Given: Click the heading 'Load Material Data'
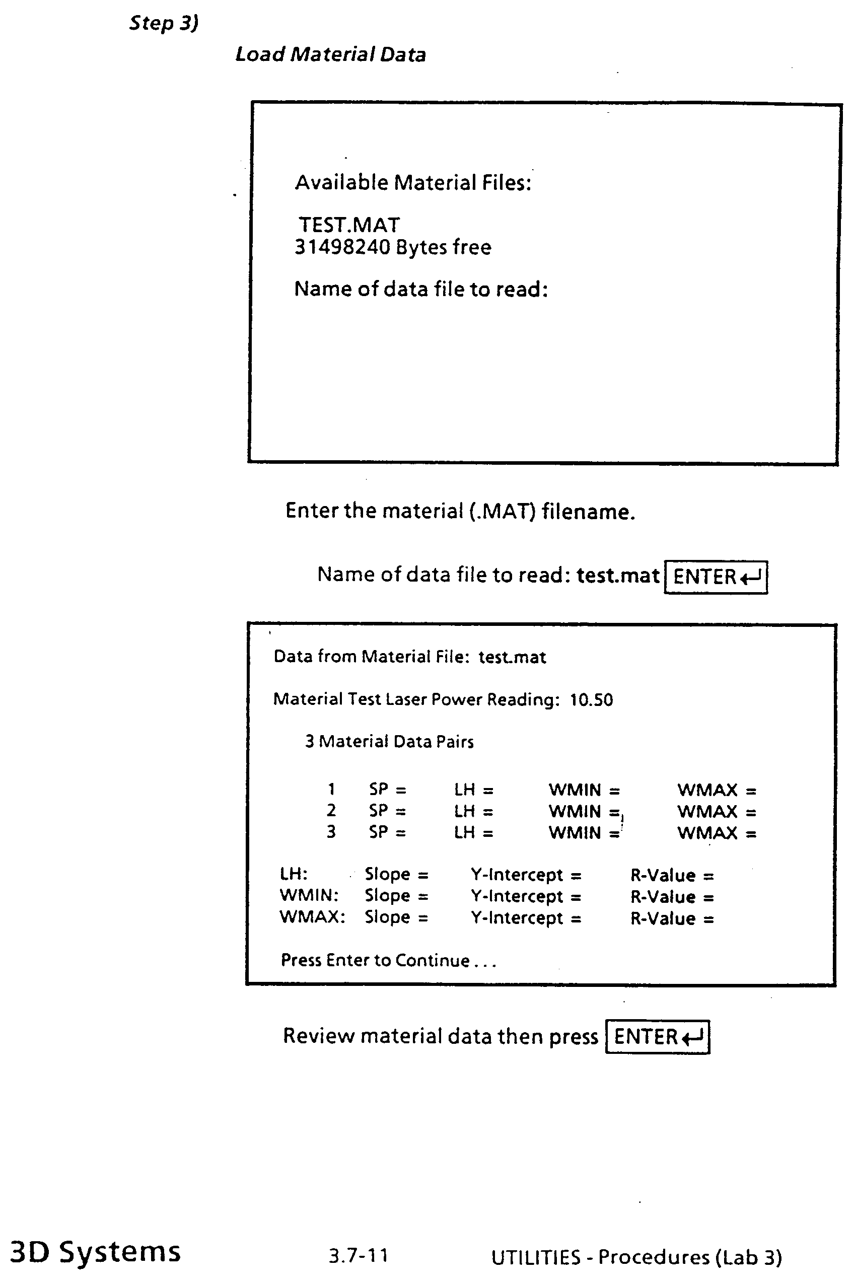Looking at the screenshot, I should click(330, 55).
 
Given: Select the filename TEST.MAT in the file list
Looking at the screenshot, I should click(349, 225).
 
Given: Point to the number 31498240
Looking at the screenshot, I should click(342, 247).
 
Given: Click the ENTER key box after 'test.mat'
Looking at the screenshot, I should click(716, 577).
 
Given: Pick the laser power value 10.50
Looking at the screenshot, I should click(591, 700).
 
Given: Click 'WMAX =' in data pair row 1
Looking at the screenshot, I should click(717, 790).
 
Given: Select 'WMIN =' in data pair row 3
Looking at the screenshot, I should click(584, 833).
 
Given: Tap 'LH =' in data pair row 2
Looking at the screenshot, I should click(473, 812).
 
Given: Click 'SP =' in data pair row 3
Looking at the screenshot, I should click(387, 832).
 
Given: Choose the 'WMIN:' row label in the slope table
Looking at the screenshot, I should click(309, 896).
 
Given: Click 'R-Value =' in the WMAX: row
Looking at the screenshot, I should click(672, 919).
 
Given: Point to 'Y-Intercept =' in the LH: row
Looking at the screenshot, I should click(526, 875).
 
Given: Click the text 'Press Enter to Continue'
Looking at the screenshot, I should click(375, 960).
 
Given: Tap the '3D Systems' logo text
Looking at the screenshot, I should click(95, 1252).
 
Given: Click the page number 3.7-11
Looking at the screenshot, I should click(359, 1256).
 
